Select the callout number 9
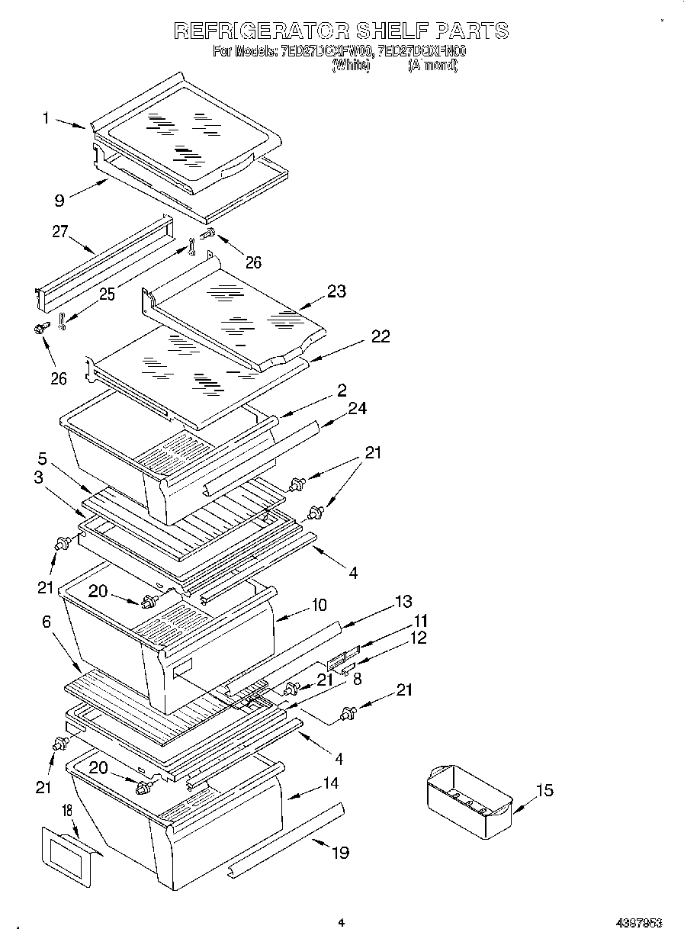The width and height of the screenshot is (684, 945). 58,201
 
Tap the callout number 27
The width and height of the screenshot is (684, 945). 60,233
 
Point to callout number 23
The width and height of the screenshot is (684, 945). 336,291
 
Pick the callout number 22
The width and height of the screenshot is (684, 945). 380,336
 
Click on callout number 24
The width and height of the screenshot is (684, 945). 357,409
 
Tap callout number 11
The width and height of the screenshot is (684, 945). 420,621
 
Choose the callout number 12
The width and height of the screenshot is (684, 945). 419,638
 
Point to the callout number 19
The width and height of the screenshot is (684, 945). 340,852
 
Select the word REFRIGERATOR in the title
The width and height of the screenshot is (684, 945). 262,31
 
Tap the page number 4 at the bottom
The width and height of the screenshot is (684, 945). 341,922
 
